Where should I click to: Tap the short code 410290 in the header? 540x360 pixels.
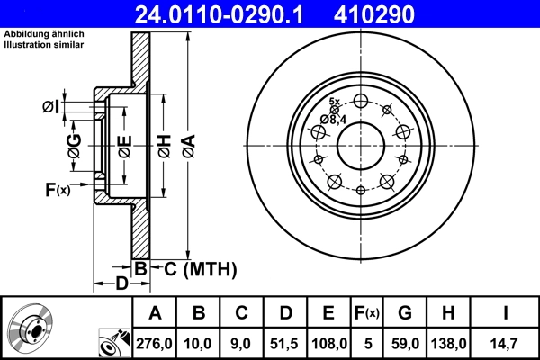click(402, 14)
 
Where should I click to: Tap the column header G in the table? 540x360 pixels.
click(405, 313)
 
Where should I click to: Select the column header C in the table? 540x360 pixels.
click(241, 313)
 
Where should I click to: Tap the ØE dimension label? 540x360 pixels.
click(124, 145)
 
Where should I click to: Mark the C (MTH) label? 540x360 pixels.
click(192, 267)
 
